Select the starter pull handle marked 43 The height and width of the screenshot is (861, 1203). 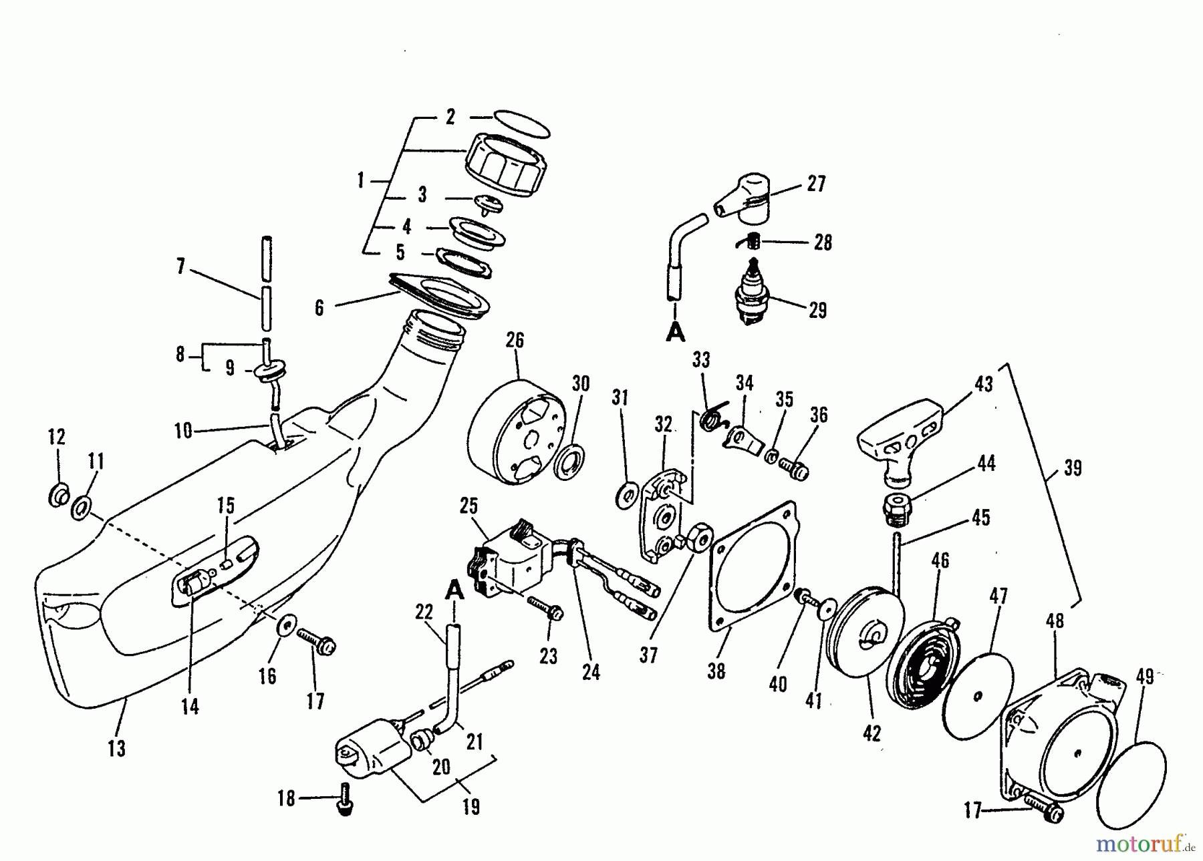tap(899, 435)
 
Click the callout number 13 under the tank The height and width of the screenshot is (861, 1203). tap(116, 748)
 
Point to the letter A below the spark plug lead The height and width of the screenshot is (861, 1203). tap(675, 331)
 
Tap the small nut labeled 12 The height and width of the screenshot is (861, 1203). tap(59, 496)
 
